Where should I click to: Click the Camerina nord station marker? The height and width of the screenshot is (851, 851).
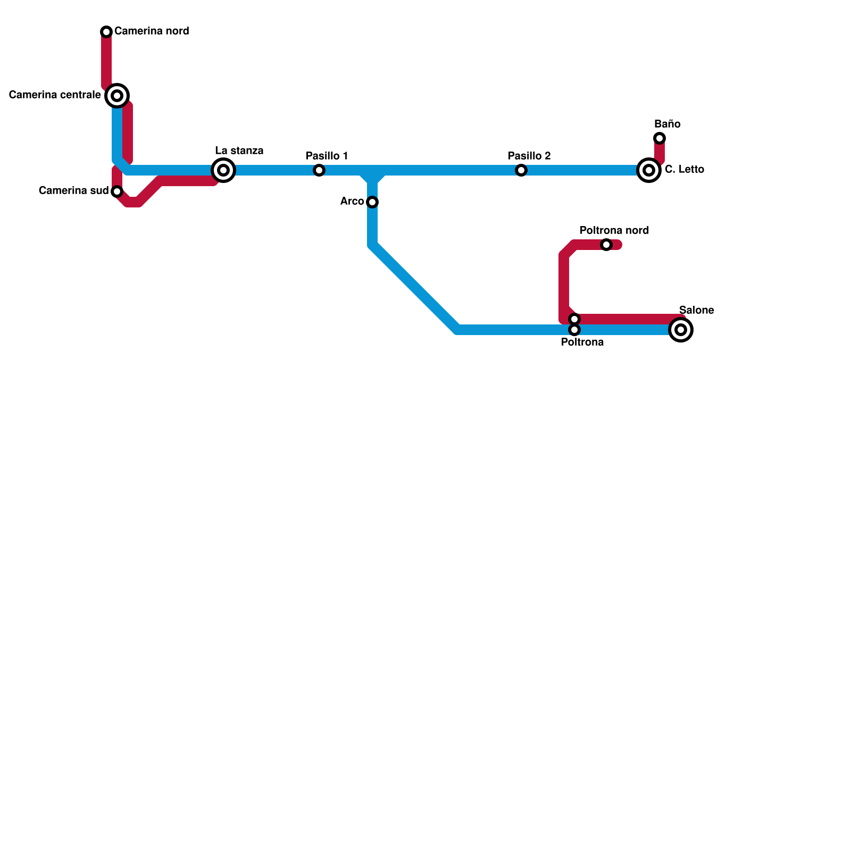106,32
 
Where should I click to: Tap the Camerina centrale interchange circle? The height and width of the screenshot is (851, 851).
117,96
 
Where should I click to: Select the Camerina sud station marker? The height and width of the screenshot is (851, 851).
117,191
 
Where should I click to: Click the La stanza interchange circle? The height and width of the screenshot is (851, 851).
223,170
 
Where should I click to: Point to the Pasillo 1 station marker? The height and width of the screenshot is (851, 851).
319,170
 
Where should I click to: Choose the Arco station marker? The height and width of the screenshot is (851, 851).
372,202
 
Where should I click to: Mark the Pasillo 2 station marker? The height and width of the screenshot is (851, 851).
521,170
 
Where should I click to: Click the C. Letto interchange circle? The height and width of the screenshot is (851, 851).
649,170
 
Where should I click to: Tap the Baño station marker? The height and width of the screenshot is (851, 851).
660,138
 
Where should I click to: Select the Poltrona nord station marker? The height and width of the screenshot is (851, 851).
606,245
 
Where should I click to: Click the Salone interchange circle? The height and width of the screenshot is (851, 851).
681,330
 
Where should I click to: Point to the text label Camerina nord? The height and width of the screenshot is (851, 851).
152,31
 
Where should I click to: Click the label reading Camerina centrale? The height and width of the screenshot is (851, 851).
55,95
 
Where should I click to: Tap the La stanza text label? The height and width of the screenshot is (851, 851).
239,151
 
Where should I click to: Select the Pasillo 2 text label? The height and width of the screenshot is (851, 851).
529,156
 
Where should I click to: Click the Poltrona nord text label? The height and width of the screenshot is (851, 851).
614,230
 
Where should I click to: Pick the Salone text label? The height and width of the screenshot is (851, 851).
696,310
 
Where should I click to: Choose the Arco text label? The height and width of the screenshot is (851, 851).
352,202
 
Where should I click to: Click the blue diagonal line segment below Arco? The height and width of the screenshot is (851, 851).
415,287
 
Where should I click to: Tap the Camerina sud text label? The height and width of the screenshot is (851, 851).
73,190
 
